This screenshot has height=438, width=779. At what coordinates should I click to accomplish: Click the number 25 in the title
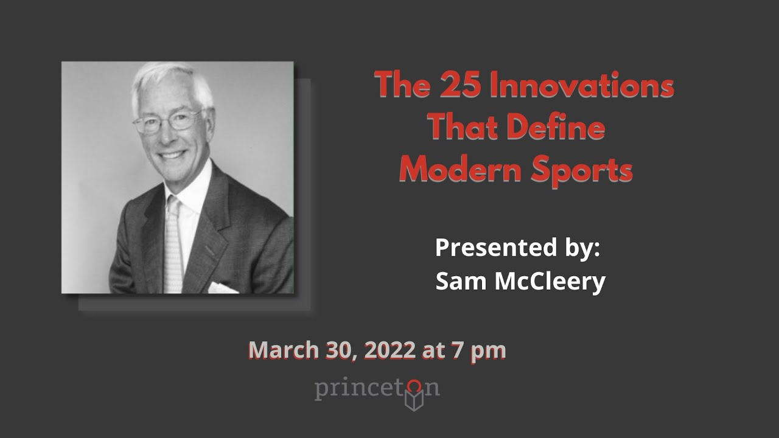click(x=454, y=85)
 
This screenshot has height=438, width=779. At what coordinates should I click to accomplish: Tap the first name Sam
click(x=461, y=281)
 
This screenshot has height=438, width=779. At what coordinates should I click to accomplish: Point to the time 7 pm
click(x=478, y=351)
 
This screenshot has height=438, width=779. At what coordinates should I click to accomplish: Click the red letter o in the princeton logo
click(x=414, y=387)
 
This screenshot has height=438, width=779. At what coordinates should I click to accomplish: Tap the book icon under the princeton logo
click(x=414, y=401)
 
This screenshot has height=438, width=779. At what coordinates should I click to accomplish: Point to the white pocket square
click(x=223, y=287)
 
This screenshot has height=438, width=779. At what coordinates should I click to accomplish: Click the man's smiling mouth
click(x=172, y=155)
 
